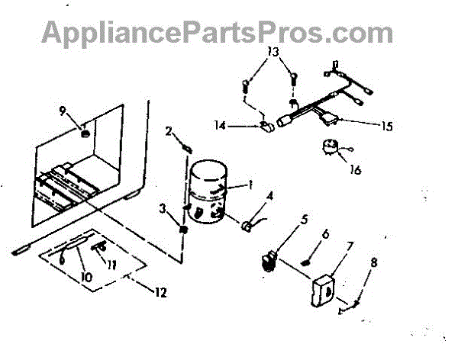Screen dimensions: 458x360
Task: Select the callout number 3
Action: click(162, 207)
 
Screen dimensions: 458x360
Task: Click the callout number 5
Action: click(305, 220)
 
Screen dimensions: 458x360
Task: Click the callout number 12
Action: click(160, 292)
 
